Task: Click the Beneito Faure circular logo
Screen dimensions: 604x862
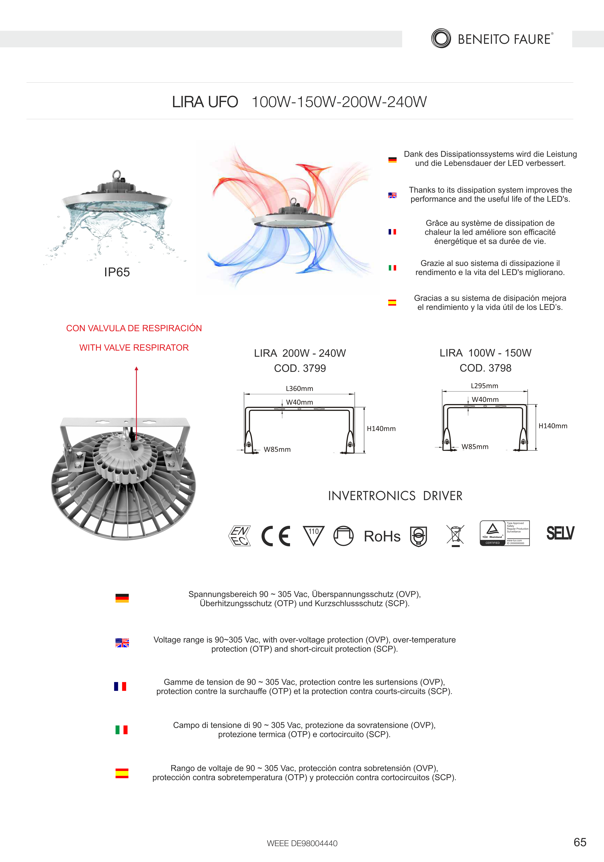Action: pyautogui.click(x=441, y=38)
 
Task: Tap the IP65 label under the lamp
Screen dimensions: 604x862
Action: pyautogui.click(x=117, y=272)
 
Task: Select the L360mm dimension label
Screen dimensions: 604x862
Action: pyautogui.click(x=299, y=389)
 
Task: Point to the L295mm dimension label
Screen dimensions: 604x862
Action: pyautogui.click(x=485, y=386)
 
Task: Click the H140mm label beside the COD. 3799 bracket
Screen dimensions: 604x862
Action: pyautogui.click(x=381, y=429)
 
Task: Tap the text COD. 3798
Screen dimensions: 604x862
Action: pyautogui.click(x=485, y=368)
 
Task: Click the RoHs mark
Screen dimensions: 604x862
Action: pyautogui.click(x=382, y=536)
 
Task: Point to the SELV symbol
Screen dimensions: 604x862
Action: pyautogui.click(x=560, y=533)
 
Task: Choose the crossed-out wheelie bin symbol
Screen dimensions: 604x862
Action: pyautogui.click(x=455, y=535)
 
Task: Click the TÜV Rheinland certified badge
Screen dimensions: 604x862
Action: pyautogui.click(x=504, y=533)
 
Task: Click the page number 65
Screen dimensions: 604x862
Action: pyautogui.click(x=580, y=842)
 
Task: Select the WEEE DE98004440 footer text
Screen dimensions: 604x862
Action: pyautogui.click(x=302, y=843)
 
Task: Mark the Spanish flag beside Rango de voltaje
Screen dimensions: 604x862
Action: pyautogui.click(x=122, y=773)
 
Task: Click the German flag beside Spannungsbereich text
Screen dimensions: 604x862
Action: pyautogui.click(x=122, y=598)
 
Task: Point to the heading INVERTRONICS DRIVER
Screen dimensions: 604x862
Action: pyautogui.click(x=395, y=496)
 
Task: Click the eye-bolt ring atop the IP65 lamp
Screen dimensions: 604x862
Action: pyautogui.click(x=117, y=174)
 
